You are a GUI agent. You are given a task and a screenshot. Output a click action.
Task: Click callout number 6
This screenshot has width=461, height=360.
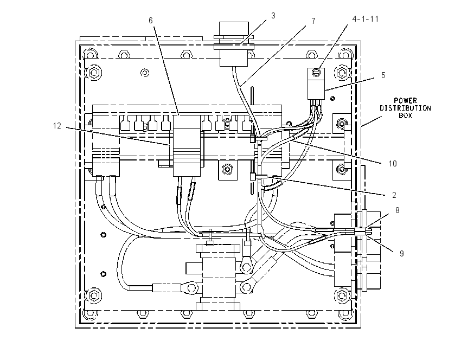click(x=151, y=20)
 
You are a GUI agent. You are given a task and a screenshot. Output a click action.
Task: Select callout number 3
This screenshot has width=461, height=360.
click(x=273, y=16)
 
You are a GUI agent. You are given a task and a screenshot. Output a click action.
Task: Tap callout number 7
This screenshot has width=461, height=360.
click(x=313, y=21)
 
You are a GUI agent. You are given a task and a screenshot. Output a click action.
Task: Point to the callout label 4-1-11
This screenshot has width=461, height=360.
click(x=366, y=19)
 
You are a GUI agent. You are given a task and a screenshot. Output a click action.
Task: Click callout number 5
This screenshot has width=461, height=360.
click(x=383, y=75)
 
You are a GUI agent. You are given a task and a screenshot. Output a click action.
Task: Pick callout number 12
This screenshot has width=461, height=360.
click(x=57, y=126)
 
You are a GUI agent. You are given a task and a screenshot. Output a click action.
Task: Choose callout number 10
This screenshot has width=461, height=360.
click(x=393, y=164)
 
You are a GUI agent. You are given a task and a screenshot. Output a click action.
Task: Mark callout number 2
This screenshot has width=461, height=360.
click(x=394, y=195)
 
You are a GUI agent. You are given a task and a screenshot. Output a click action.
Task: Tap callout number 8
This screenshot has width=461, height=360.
click(x=397, y=210)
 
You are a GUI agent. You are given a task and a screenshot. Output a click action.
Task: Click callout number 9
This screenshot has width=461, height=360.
click(x=401, y=254)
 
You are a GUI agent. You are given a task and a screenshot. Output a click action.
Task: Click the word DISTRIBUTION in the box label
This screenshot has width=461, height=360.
click(x=406, y=108)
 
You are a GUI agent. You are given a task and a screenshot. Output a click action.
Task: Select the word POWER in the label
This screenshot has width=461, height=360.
click(x=406, y=100)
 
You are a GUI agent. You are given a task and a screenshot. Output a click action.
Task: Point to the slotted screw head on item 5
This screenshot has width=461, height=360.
click(x=316, y=72)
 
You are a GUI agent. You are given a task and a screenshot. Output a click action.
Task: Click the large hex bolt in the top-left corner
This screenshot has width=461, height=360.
click(x=94, y=72)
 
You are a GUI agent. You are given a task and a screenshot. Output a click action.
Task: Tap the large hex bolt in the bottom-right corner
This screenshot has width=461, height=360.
click(x=342, y=295)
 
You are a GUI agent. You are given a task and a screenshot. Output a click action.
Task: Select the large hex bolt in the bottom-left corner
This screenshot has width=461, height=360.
click(x=94, y=295)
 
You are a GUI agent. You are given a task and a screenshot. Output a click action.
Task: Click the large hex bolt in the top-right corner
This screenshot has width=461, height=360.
click(x=342, y=72)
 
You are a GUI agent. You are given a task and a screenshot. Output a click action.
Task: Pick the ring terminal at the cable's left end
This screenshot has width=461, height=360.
click(x=191, y=287)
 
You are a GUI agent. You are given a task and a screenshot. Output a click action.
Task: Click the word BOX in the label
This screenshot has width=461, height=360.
click(x=406, y=116)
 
